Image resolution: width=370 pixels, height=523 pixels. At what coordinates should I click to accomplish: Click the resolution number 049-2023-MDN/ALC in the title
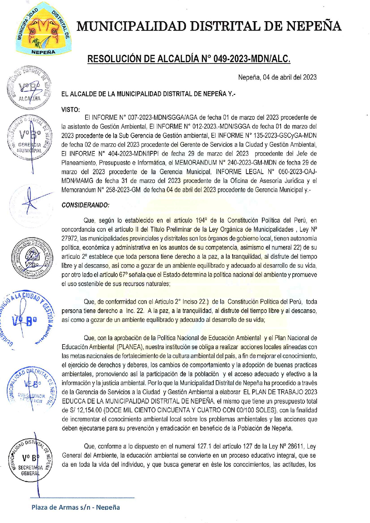pyautogui.click(x=252, y=59)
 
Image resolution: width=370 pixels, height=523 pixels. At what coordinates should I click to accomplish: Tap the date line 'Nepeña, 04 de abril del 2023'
pyautogui.click(x=277, y=77)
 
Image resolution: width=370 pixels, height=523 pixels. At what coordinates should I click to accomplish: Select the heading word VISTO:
pyautogui.click(x=71, y=109)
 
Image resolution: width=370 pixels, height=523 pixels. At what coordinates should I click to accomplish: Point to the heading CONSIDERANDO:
pyautogui.click(x=86, y=205)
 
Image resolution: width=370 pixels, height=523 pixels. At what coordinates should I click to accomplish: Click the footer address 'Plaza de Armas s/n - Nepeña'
pyautogui.click(x=76, y=507)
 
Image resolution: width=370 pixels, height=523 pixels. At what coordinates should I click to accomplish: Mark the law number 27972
pyautogui.click(x=69, y=238)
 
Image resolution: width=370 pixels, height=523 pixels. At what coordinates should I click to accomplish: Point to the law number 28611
pyautogui.click(x=296, y=447)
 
